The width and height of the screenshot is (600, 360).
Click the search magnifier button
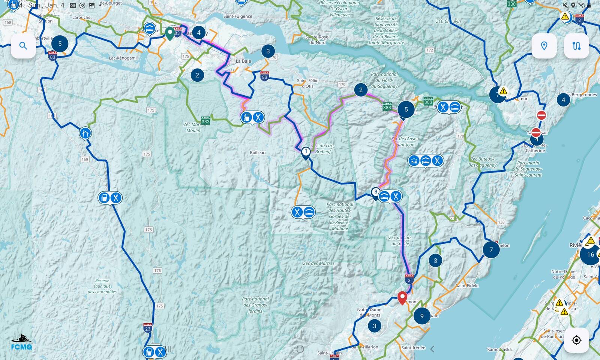pos(23,46)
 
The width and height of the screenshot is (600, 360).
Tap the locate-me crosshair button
pos(576,340)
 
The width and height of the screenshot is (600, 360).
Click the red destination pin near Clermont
pos(402,298)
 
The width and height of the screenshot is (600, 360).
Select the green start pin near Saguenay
pos(170,33)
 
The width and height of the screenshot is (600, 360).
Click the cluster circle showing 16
pos(590,255)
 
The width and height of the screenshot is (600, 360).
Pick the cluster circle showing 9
pos(422,316)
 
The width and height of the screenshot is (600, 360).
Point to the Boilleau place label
pos(258,153)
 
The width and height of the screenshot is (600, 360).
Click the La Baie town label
pos(243,61)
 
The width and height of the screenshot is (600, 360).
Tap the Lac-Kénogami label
pos(123,58)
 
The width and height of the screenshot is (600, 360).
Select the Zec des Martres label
pos(318,263)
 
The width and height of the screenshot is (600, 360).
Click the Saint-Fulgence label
pos(238,16)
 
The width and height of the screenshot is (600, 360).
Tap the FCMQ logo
pos(21,342)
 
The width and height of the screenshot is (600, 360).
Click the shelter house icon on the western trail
pos(85,133)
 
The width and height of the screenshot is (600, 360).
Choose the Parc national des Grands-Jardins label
pos(255,305)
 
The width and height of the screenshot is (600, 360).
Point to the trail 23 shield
pos(148,328)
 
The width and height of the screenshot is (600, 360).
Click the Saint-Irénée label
pos(413,348)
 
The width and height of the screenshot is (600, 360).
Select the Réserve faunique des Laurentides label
pos(102,286)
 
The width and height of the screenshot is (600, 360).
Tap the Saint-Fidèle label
pos(467,285)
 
